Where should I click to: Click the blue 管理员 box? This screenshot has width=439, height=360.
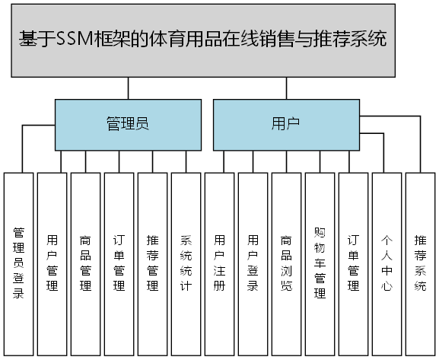tap(126, 124)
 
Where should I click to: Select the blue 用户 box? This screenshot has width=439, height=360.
tap(285, 124)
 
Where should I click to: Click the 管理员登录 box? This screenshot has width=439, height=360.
tap(19, 263)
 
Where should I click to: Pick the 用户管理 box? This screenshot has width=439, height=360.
tap(52, 263)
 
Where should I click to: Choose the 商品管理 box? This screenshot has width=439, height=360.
tap(86, 263)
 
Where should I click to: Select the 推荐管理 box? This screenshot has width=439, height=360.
tap(153, 263)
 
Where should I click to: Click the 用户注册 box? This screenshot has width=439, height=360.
tap(220, 263)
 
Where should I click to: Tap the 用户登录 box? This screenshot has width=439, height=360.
tap(253, 263)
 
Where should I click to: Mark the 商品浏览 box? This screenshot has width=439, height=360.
tap(287, 263)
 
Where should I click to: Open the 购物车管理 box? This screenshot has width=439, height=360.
tap(320, 263)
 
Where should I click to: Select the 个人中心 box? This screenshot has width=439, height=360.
tap(387, 263)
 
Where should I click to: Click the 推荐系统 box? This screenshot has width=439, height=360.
tap(420, 263)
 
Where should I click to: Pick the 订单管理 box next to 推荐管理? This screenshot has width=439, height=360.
tap(119, 263)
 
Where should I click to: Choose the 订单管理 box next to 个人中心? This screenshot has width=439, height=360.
tap(354, 263)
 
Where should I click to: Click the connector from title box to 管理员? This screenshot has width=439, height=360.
tap(128, 88)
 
